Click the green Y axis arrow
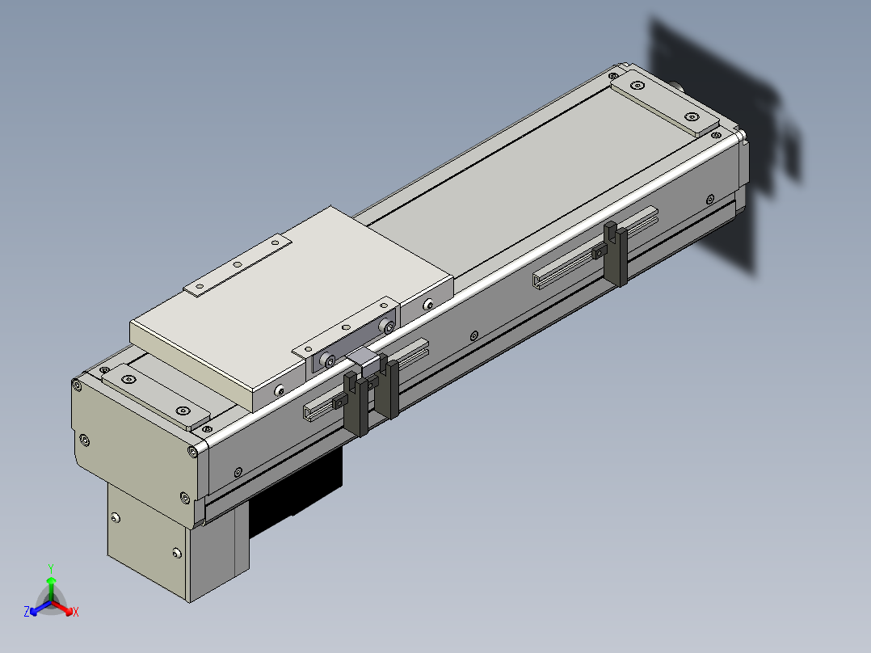click(51, 587)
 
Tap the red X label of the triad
click(76, 612)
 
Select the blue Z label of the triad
click(27, 611)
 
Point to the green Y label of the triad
click(51, 569)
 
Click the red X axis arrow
click(62, 608)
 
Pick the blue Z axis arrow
click(40, 608)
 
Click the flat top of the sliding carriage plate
click(289, 300)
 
